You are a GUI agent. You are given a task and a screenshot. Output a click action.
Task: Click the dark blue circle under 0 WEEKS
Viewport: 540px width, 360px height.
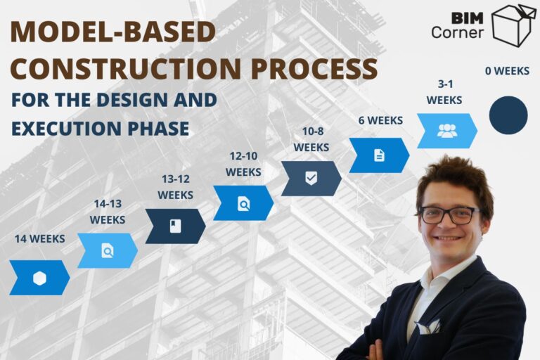[x=508, y=115]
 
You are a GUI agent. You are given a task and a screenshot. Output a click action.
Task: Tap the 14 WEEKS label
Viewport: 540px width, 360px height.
[x=39, y=238]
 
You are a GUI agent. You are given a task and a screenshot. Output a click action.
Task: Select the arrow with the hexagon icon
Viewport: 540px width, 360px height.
[x=39, y=278]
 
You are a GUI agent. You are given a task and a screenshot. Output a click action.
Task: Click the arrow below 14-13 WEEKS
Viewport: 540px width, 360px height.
[x=107, y=250]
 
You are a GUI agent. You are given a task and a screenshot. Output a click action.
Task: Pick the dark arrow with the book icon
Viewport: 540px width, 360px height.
[x=175, y=226]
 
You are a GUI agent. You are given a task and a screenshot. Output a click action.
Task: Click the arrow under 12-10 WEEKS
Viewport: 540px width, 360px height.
[x=243, y=203]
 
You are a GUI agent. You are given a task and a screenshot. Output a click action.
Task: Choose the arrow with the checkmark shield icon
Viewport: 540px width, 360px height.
[x=311, y=179]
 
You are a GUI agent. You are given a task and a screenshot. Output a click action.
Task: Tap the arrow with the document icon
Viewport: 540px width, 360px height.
[x=379, y=155]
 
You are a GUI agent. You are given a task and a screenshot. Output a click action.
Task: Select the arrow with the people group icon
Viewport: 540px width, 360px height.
[x=446, y=131]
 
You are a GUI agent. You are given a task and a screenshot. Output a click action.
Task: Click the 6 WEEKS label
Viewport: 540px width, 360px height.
[x=380, y=120]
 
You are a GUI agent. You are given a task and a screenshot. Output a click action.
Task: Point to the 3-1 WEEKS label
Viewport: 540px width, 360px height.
[x=444, y=92]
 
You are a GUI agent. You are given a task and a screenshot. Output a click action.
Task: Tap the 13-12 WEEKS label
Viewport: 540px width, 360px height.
[x=175, y=186]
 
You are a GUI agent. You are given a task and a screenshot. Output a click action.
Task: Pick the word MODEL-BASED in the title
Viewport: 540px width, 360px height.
[x=112, y=32]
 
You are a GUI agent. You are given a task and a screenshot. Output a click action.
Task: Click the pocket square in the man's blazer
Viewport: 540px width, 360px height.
[x=427, y=326]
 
